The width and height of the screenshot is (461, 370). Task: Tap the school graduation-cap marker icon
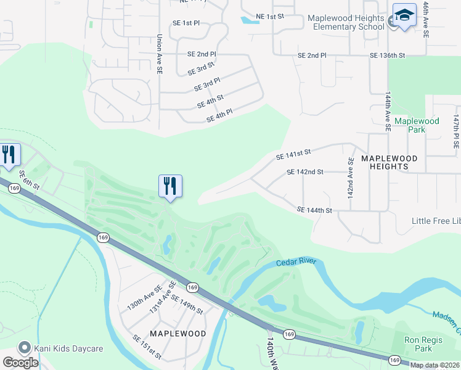coord(404,17)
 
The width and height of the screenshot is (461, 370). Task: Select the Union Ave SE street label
coord(159,54)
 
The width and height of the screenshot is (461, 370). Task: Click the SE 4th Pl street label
coord(219,115)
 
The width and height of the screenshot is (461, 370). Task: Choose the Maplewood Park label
coord(417,125)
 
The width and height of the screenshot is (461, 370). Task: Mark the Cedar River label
coord(297,262)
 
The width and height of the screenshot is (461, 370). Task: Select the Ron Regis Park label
coord(423,343)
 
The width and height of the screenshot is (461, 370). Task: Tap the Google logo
coord(21,362)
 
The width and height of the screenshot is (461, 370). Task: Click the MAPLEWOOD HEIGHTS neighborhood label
coord(389,162)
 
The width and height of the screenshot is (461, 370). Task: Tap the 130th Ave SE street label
coord(144,297)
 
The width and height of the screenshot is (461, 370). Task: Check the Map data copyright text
coord(433,365)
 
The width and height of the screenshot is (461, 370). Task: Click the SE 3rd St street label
coord(201,68)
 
